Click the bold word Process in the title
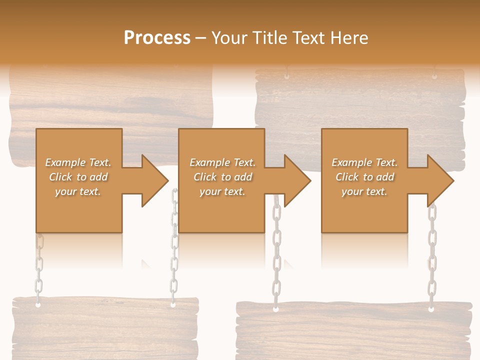pos(157,37)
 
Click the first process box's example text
pos(78,177)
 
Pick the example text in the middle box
pos(222,177)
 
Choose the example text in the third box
pos(364,177)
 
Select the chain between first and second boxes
pos(174,250)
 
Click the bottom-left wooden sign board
pos(105,327)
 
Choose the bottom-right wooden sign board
pos(354,330)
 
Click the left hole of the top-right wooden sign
pos(286,76)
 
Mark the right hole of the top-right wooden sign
pos(434,76)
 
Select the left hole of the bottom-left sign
pos(38,303)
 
